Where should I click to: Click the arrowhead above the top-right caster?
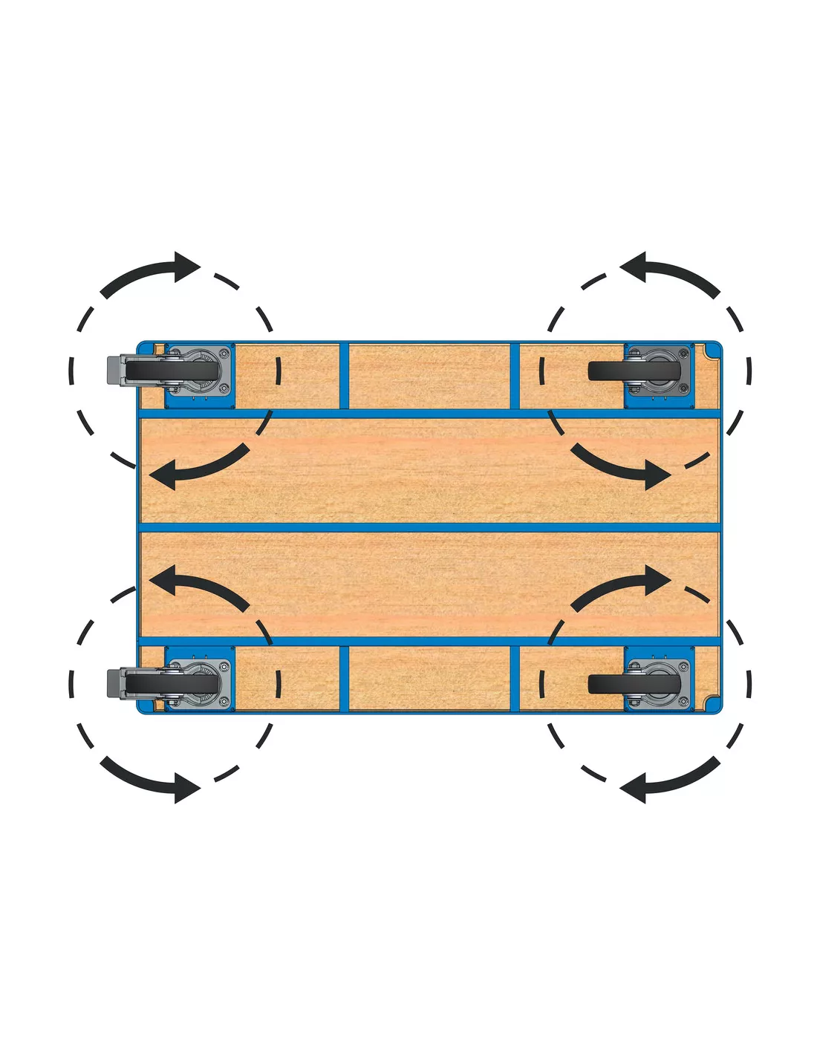(634, 267)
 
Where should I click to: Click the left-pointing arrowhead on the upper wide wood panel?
(163, 474)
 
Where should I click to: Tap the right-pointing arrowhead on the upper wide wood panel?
(657, 474)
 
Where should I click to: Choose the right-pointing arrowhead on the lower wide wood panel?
(657, 580)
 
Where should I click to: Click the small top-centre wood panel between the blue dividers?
(429, 375)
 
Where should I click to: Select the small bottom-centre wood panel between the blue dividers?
(429, 678)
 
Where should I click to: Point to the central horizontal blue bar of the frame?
(429, 527)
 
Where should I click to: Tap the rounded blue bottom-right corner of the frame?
(714, 706)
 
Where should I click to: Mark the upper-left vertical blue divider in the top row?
(344, 375)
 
